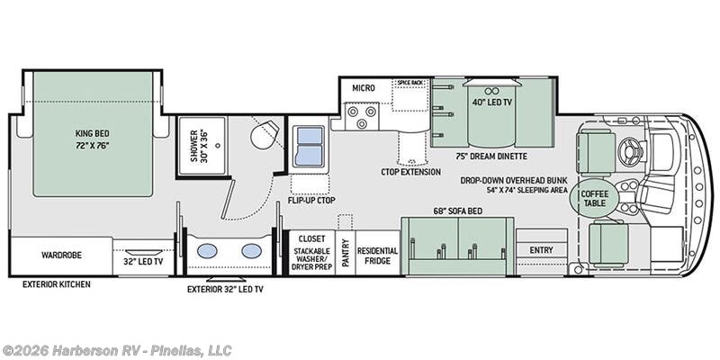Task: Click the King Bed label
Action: coord(93,139)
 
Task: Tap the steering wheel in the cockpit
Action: coord(627,149)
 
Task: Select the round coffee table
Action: coord(595,198)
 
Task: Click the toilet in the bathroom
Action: coord(265,133)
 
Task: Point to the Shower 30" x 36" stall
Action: coord(202,146)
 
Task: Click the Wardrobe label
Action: coord(61,255)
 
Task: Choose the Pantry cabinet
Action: coord(346,253)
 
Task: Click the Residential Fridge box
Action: coord(377,253)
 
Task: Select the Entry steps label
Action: coord(542,250)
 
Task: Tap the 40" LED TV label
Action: coord(491,103)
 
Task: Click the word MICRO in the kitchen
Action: coord(364,87)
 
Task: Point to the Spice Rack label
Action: coord(410,82)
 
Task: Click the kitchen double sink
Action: coord(310,146)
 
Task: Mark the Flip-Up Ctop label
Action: coord(311,201)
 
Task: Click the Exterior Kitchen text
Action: coord(57,284)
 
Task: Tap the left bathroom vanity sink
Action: coord(207,251)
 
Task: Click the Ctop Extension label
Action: coord(411,172)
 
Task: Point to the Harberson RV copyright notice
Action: coord(117,350)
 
